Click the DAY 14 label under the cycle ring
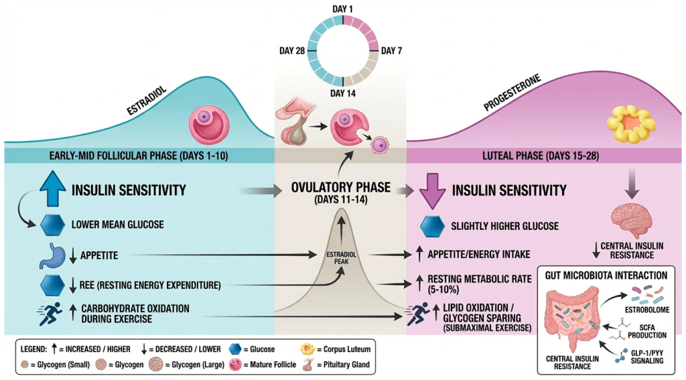[x=343, y=94]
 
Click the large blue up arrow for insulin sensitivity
[x=54, y=190]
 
